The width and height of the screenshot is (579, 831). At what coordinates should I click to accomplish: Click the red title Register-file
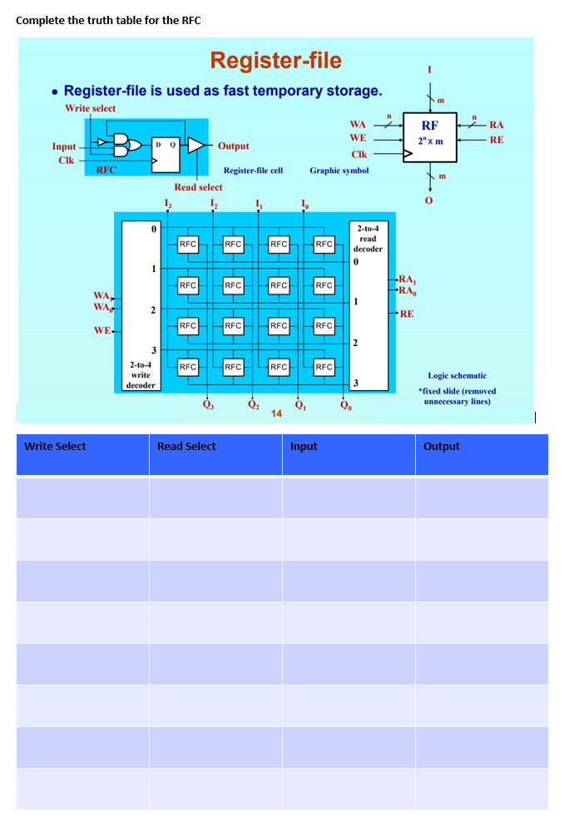[275, 61]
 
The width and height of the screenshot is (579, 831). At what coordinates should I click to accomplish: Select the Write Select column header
[55, 447]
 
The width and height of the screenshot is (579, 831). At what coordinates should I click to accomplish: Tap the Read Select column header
[186, 447]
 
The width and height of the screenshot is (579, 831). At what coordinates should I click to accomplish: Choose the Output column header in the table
[441, 447]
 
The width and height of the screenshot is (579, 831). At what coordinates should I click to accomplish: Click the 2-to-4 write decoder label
[141, 374]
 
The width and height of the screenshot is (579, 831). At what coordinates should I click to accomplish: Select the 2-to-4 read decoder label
[368, 238]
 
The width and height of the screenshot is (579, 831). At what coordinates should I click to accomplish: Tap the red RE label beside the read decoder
[406, 314]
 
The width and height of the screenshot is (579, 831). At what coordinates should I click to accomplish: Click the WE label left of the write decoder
[102, 330]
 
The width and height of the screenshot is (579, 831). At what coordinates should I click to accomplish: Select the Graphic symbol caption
[339, 171]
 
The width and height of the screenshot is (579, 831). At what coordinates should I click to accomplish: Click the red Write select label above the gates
[90, 108]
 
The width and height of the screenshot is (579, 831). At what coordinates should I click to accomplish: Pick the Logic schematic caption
[457, 376]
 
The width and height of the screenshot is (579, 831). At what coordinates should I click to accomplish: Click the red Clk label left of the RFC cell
[66, 160]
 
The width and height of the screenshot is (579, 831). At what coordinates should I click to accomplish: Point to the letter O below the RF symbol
[429, 200]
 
